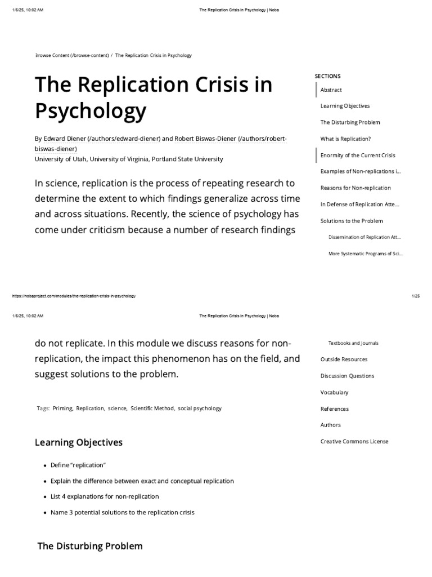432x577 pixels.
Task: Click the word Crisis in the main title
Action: click(232, 85)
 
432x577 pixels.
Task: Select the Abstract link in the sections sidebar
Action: click(331, 90)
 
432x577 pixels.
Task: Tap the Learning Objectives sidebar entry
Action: click(345, 106)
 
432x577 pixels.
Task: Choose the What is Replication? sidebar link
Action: click(345, 139)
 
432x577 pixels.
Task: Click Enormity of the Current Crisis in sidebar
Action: click(358, 156)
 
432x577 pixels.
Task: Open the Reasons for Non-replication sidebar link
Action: click(355, 188)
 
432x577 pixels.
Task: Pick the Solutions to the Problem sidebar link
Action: click(352, 221)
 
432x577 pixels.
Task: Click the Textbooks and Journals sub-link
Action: click(353, 343)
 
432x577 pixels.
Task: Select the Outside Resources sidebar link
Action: click(344, 359)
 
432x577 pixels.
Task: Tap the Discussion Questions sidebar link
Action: click(347, 376)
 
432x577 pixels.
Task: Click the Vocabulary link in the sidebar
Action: click(334, 392)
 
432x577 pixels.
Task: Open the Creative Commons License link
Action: click(354, 442)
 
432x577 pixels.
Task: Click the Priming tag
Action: click(62, 409)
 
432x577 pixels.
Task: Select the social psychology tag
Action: click(200, 409)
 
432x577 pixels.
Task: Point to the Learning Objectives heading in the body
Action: click(79, 442)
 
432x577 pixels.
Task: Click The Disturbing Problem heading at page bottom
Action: click(90, 546)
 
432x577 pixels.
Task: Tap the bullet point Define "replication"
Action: click(78, 465)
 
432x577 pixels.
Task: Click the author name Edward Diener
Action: click(64, 139)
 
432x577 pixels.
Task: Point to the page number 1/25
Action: click(416, 296)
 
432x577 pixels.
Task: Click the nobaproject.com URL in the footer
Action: click(73, 296)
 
